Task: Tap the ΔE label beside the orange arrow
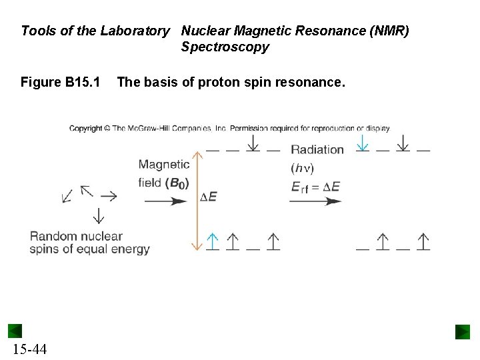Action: coord(208,197)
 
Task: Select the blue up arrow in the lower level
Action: coord(212,241)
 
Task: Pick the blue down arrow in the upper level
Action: coord(361,143)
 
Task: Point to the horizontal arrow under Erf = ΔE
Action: coord(315,201)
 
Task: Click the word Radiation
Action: coord(317,149)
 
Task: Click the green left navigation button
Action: coord(15,331)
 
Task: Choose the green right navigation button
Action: coord(463,331)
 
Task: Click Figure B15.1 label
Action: coord(60,83)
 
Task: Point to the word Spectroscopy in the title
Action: coord(224,47)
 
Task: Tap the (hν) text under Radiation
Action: coord(303,167)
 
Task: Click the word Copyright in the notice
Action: coord(84,128)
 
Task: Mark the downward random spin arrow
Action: coord(98,215)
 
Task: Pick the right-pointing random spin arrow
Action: coord(108,196)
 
